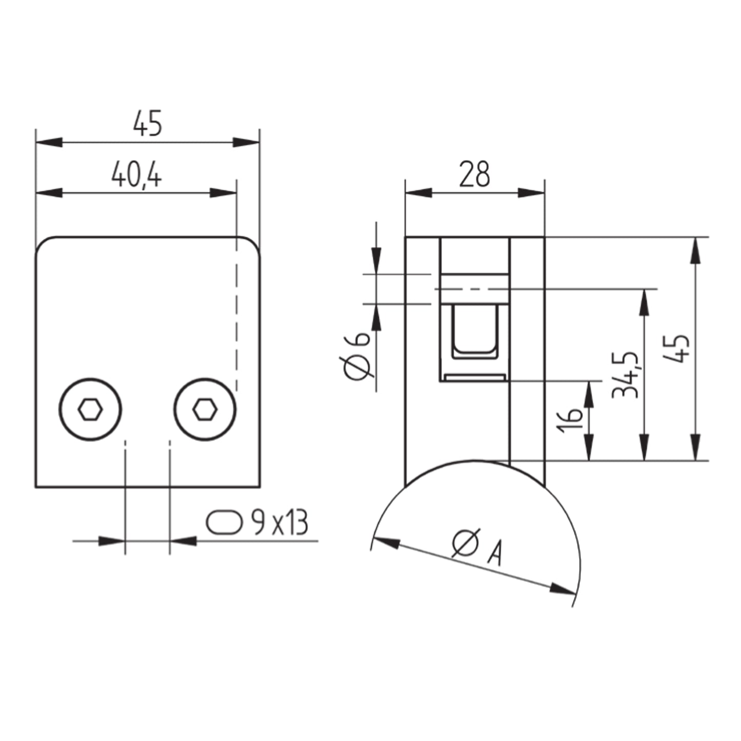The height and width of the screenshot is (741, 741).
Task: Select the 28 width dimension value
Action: pos(475,174)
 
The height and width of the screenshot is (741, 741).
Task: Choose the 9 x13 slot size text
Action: pos(279,523)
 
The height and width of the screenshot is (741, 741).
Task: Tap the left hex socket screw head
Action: pos(90,409)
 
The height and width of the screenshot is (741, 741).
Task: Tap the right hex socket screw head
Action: pos(205,409)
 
